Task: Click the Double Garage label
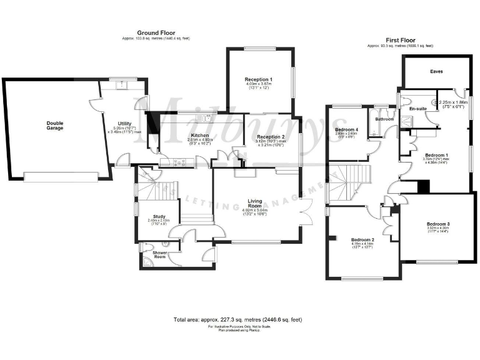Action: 55,124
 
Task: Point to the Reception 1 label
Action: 259,79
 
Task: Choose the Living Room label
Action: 254,203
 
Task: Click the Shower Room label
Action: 159,255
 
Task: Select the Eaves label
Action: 436,72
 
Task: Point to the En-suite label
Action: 417,109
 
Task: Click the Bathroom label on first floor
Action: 384,119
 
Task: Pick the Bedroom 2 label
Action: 362,240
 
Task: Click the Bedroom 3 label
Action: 438,224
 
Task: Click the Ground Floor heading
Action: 156,32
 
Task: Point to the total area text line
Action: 237,319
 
